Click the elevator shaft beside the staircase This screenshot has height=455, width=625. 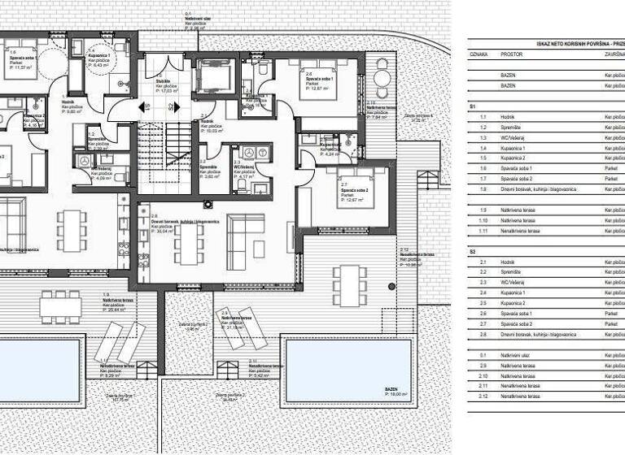(x=214, y=79)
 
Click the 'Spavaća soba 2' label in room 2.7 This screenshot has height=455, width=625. (x=355, y=192)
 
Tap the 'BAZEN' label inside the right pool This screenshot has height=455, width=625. (x=392, y=389)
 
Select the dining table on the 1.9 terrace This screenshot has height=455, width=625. (x=61, y=305)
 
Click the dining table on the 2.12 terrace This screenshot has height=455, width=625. (x=352, y=281)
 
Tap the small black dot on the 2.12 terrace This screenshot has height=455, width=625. (x=391, y=286)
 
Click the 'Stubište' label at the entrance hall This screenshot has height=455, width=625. (x=163, y=80)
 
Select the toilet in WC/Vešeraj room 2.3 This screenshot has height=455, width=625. (x=242, y=184)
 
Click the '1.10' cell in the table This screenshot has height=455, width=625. (x=483, y=220)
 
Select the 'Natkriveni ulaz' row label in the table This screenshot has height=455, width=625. (x=517, y=356)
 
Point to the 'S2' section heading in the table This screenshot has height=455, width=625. (x=473, y=252)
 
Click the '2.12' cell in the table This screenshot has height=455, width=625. (x=483, y=396)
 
